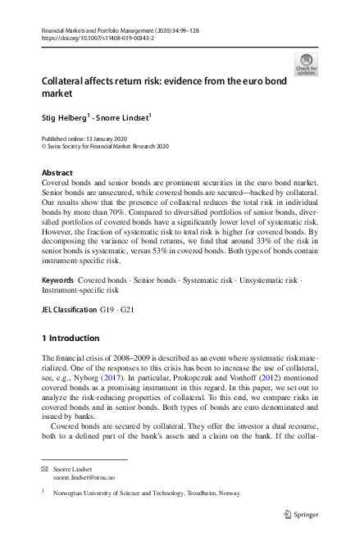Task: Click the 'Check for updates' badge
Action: pyautogui.click(x=306, y=63)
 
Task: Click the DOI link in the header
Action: pyautogui.click(x=89, y=38)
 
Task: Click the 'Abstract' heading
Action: pyautogui.click(x=56, y=173)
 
